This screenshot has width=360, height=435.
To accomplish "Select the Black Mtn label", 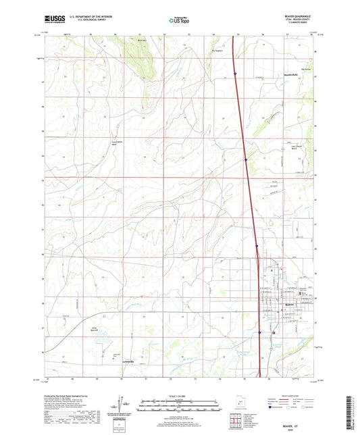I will click(x=140, y=41).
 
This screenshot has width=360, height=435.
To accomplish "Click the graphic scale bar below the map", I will click(x=179, y=407).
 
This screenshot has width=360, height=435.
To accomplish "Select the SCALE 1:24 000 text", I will click(x=179, y=396).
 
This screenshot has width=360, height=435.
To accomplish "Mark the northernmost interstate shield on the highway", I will click(x=235, y=74).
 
